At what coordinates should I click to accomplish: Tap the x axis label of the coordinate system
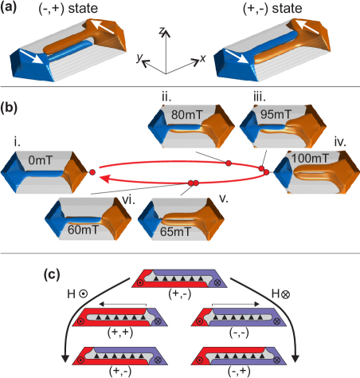tap(194, 59)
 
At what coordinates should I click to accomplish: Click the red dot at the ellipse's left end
tap(92, 171)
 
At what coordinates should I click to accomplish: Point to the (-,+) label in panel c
tap(246, 372)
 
